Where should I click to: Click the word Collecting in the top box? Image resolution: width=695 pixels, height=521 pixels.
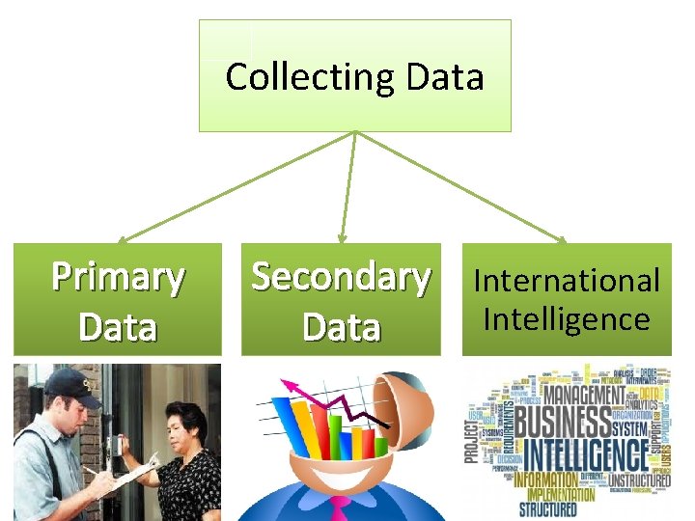coord(298,76)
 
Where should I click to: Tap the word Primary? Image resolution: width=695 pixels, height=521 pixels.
coord(118,277)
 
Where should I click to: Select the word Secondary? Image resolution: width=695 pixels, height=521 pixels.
coord(341,277)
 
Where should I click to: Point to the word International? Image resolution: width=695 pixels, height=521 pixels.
coord(567,281)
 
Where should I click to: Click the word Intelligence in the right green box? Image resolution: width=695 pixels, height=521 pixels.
coord(567,318)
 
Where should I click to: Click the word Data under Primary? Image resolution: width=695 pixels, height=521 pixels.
coord(118,326)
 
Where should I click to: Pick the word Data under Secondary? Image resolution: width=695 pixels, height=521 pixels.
coord(341,327)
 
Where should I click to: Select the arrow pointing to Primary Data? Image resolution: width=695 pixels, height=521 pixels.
coord(232,188)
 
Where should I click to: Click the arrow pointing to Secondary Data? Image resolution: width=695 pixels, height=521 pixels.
coord(348,188)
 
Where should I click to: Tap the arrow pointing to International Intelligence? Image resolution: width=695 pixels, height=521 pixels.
coord(463,188)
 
